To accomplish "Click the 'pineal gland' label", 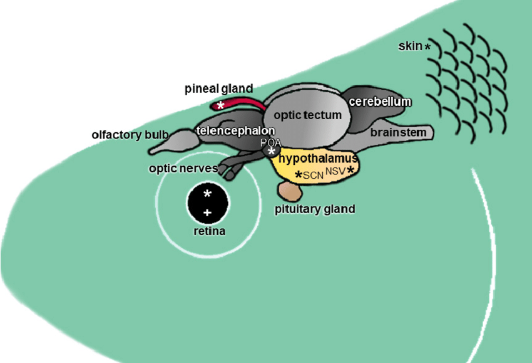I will [x=218, y=88].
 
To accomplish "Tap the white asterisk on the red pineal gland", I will [x=220, y=106].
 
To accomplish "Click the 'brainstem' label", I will [x=398, y=132].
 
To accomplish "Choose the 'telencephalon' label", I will [x=235, y=130].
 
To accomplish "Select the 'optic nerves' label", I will [x=183, y=168].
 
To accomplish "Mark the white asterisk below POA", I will [x=271, y=152].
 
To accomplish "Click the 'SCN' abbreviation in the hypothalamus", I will [x=313, y=176].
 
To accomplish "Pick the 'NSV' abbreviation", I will [x=335, y=171].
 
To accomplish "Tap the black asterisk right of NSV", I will [x=350, y=170].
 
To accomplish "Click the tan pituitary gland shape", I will [x=290, y=191].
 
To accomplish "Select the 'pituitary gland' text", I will [x=315, y=209].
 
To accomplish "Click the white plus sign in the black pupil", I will [x=207, y=213].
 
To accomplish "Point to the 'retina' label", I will [x=209, y=231].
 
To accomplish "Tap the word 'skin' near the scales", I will [x=410, y=46].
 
